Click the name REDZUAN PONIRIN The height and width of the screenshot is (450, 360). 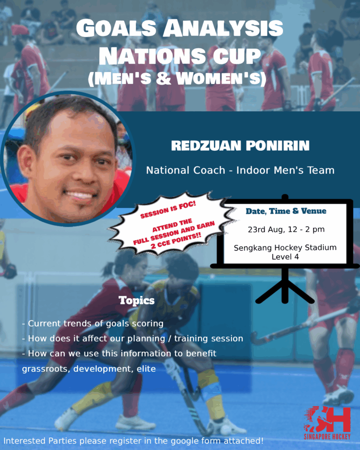(x=240, y=145)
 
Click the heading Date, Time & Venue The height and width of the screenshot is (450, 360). (x=286, y=211)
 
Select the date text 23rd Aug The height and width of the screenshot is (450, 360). (x=265, y=229)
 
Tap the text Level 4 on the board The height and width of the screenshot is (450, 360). (x=285, y=257)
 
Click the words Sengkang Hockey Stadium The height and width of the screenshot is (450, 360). (x=285, y=248)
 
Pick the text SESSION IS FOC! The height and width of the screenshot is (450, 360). (x=168, y=210)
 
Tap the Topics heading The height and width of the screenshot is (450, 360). (x=137, y=301)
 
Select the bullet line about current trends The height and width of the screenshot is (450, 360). (x=93, y=323)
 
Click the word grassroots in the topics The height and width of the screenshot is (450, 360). (x=46, y=369)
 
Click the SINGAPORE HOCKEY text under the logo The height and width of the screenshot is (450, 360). (x=327, y=437)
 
